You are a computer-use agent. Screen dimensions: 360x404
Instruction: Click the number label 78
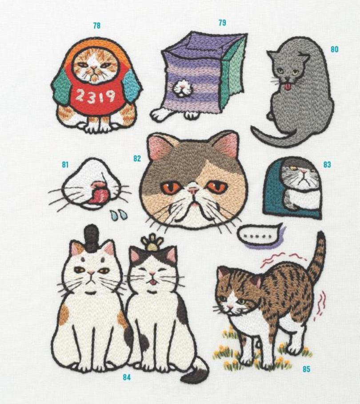tap(97, 26)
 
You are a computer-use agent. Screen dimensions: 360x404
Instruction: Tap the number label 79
tap(222, 23)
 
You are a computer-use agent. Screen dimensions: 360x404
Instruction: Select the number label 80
tap(335, 49)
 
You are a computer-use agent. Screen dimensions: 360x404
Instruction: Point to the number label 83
tap(327, 165)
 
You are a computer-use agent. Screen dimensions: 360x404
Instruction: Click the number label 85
tap(306, 369)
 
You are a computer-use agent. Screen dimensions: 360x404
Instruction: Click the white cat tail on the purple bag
tap(183, 87)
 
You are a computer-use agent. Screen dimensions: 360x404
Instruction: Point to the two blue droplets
tap(119, 214)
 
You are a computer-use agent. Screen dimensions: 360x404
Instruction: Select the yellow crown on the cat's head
tap(152, 242)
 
